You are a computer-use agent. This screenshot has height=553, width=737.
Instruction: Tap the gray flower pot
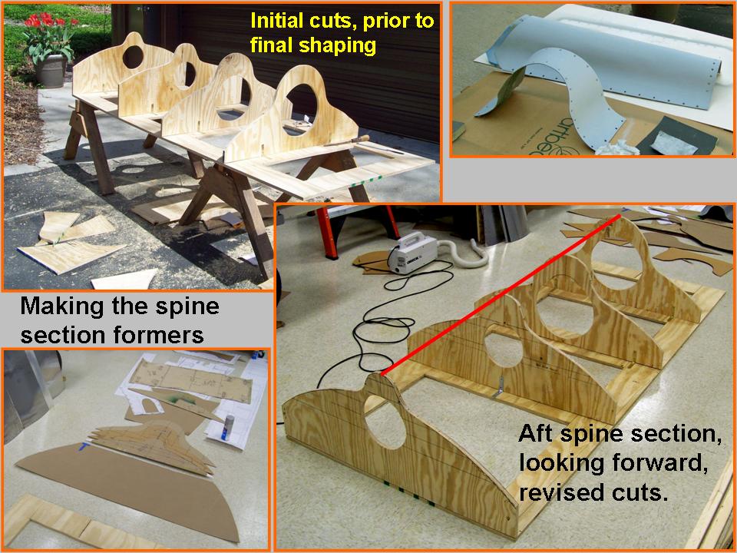click(x=51, y=71)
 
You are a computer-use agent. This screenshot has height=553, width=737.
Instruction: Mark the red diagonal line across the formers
click(x=500, y=295)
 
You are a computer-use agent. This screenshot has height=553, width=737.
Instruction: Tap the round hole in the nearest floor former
click(x=385, y=422)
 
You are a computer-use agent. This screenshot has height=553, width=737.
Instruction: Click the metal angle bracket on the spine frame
click(x=500, y=387)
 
